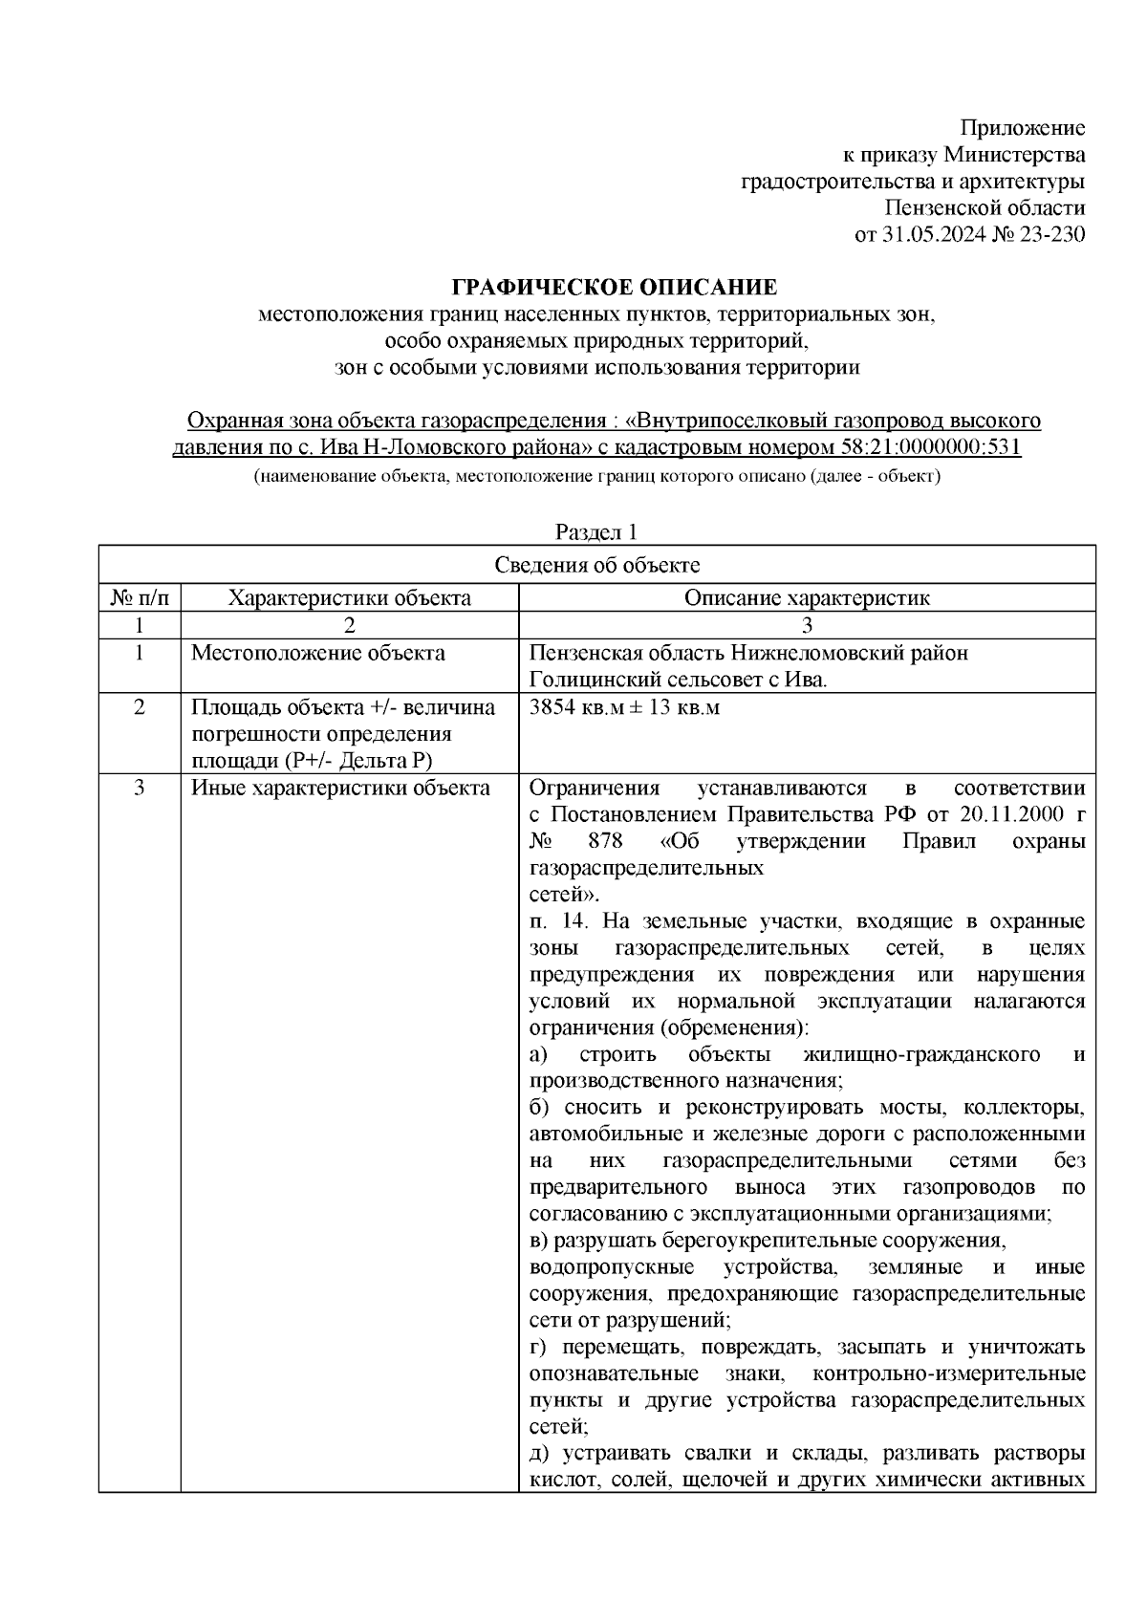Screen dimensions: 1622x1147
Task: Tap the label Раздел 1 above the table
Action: pyautogui.click(x=597, y=531)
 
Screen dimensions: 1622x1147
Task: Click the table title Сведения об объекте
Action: pyautogui.click(x=597, y=565)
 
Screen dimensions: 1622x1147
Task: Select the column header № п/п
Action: pyautogui.click(x=140, y=598)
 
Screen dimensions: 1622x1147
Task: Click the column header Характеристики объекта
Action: pyautogui.click(x=349, y=598)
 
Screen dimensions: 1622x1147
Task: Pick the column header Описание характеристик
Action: pyautogui.click(x=807, y=598)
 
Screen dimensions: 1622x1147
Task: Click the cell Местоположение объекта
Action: pyautogui.click(x=318, y=653)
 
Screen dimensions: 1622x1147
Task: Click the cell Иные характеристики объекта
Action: pyautogui.click(x=341, y=789)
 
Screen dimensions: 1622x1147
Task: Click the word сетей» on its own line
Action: pyautogui.click(x=564, y=895)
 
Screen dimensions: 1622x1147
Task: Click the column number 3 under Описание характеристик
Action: pyautogui.click(x=807, y=626)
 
